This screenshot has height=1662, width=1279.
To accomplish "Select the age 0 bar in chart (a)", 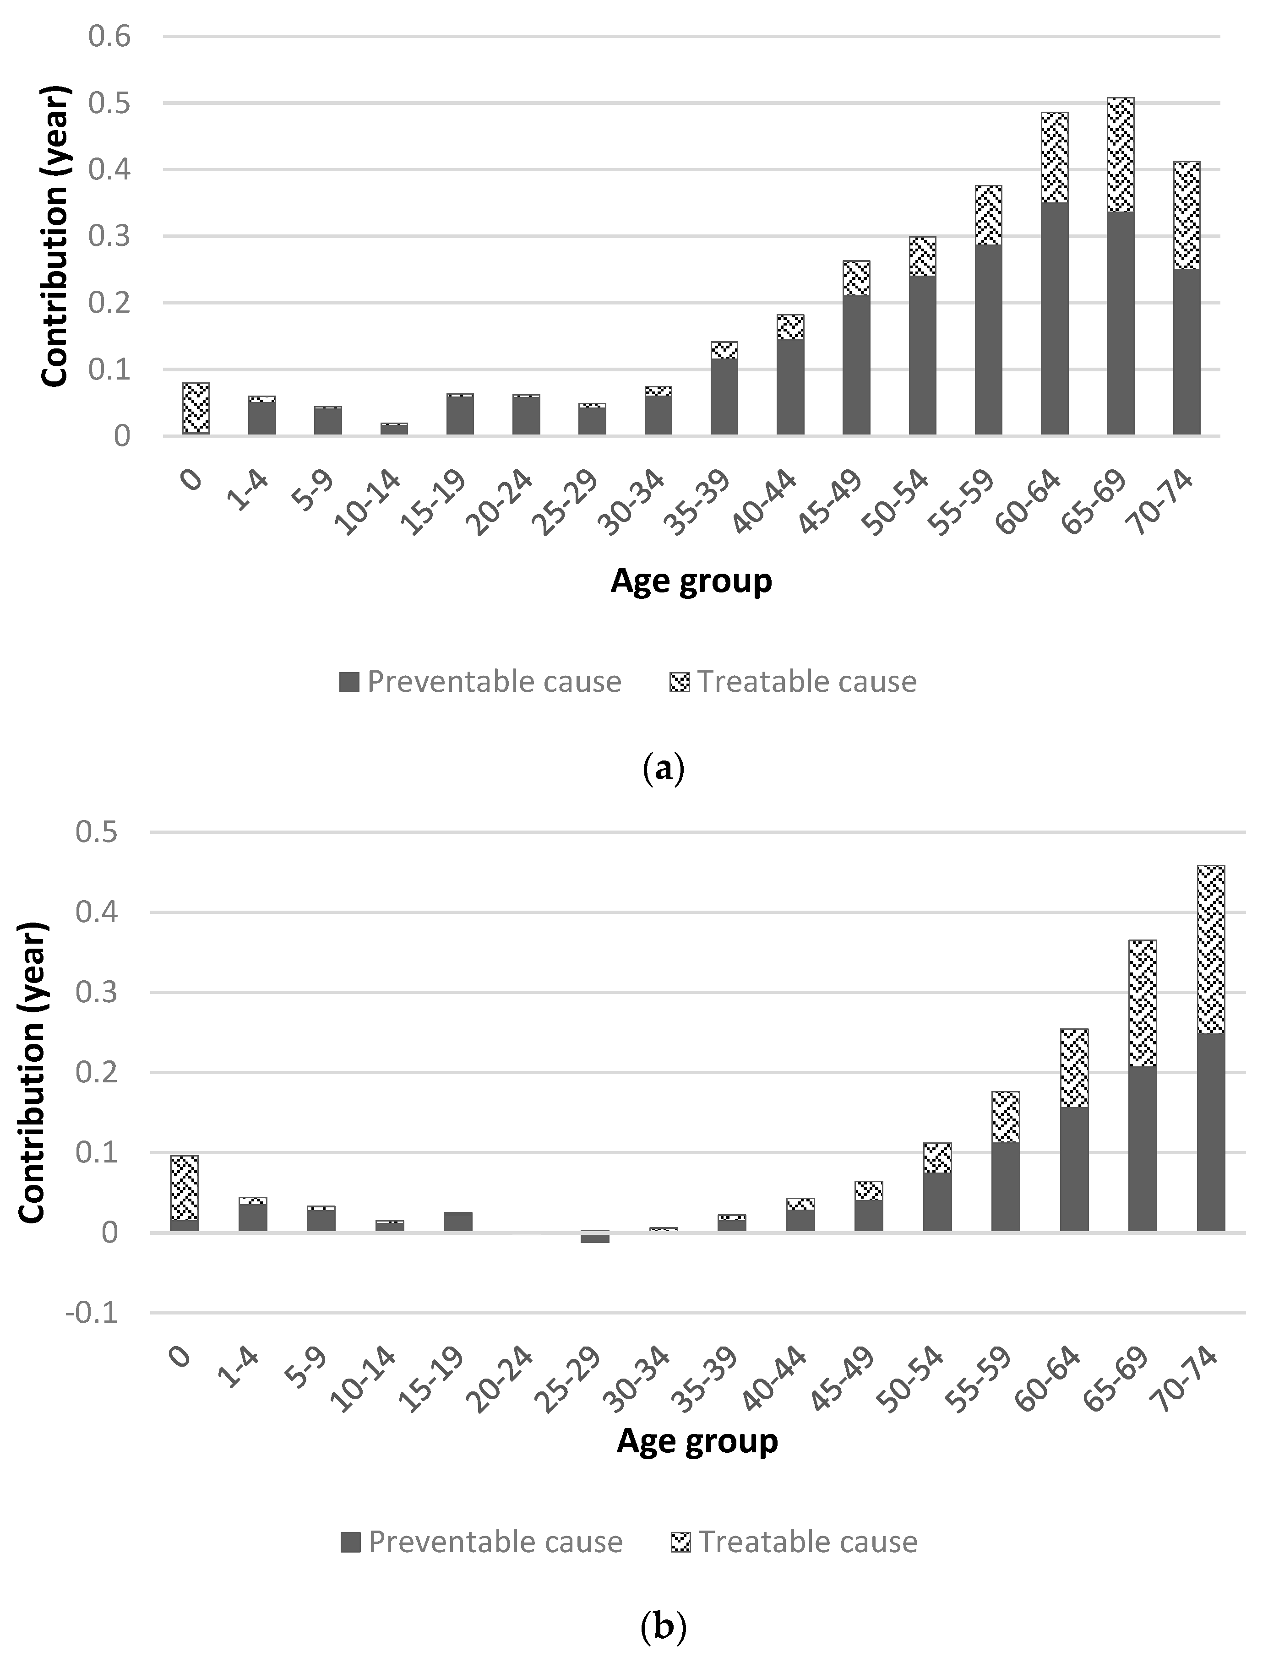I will [x=196, y=409].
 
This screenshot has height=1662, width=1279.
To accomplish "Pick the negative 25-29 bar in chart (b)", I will [x=594, y=1238].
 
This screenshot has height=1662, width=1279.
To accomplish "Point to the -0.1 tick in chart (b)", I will [x=92, y=1314].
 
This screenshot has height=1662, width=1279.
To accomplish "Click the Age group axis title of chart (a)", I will [x=691, y=581].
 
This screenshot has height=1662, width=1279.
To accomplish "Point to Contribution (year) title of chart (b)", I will [x=32, y=1073].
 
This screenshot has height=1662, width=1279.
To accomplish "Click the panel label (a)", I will [x=664, y=770].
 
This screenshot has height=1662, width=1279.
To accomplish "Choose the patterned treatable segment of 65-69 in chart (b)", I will [x=1142, y=1003].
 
